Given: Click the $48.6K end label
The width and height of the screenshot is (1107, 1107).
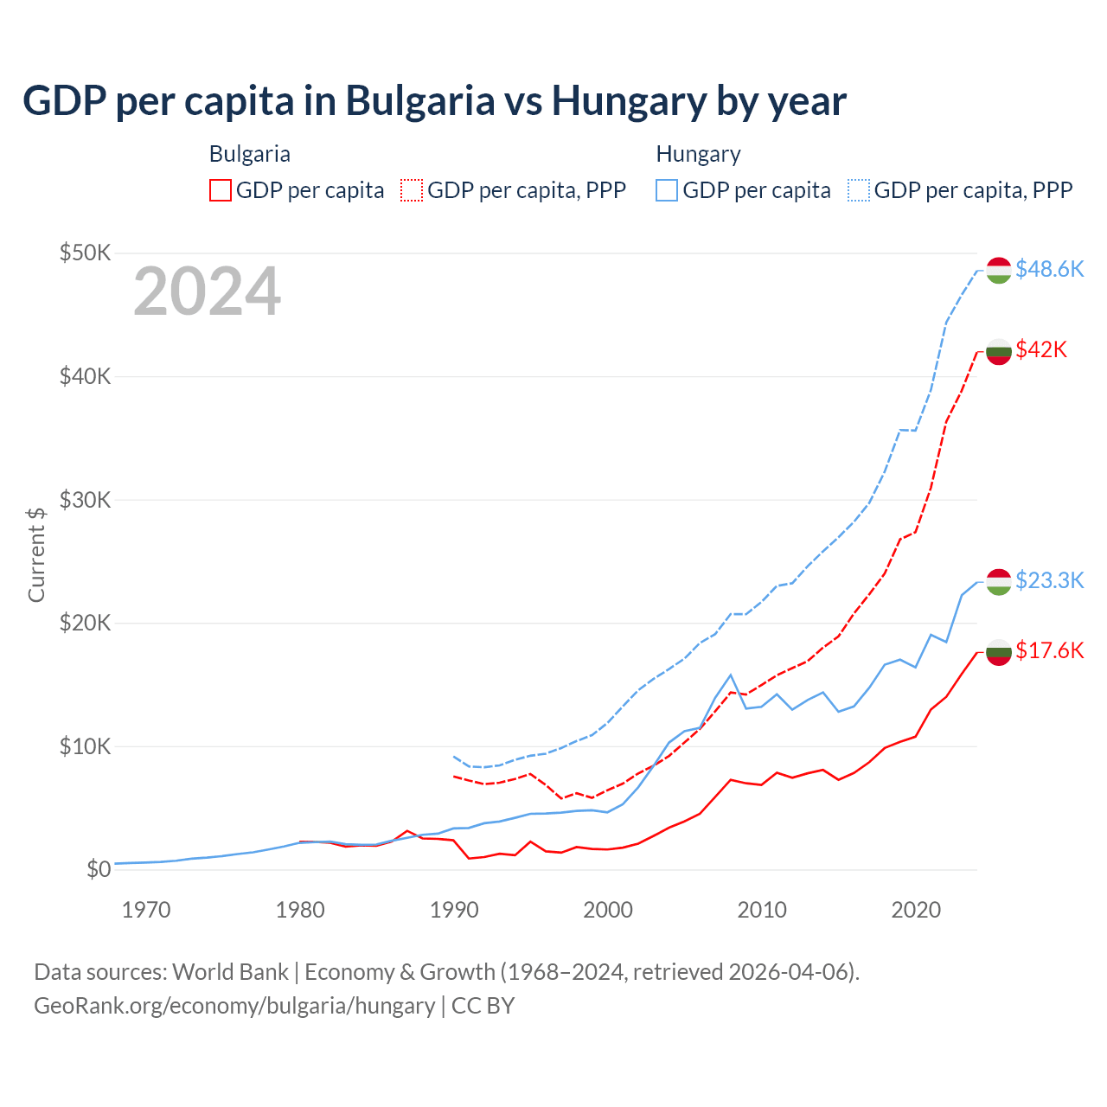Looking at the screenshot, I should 1049,269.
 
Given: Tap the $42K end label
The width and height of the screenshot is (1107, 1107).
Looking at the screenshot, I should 1041,349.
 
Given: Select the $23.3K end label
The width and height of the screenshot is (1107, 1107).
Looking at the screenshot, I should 1049,579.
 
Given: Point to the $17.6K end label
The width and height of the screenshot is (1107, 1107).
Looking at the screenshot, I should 1049,650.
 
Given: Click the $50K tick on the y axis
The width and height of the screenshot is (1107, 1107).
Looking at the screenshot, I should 85,253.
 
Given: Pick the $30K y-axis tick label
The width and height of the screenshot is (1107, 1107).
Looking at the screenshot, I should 85,500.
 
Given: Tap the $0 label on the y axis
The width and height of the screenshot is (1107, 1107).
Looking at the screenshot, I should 99,869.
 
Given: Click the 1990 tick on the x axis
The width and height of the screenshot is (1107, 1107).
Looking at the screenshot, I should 454,910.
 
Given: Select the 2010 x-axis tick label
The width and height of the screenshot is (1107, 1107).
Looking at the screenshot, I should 762,910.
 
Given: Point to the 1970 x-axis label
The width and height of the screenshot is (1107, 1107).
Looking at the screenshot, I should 146,910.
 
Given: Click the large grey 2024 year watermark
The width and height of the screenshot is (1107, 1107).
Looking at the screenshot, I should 207,291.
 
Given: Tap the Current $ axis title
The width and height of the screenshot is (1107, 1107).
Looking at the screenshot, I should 36,554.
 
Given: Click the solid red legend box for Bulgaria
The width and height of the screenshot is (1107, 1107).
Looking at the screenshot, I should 221,190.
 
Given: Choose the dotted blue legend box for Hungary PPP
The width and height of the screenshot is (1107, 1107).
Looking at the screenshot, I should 859,190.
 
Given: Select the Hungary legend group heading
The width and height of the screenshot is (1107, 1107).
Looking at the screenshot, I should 698,154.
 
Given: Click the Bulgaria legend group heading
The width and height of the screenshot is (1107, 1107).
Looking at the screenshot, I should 250,154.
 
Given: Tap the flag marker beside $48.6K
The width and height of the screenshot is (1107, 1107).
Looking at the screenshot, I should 999,270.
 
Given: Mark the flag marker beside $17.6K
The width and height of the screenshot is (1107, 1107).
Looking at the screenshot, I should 999,652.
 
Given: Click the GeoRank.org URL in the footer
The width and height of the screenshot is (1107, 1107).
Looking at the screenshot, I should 234,1006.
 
